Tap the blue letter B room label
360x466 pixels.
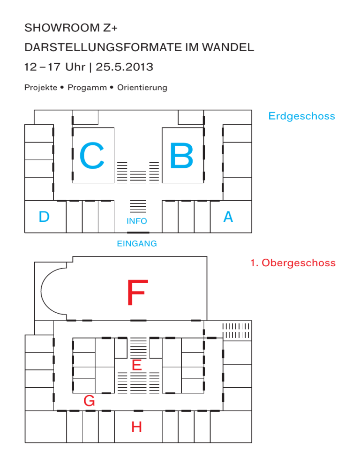click(181, 156)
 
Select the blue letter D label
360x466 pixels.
click(44, 217)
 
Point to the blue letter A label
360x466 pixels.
click(228, 217)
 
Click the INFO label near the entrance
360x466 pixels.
click(137, 221)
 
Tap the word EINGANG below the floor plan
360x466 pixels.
click(137, 244)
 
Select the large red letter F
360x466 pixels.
click(137, 293)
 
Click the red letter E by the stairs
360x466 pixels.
click(137, 365)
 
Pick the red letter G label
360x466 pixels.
click(89, 401)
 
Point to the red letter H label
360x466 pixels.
click(137, 427)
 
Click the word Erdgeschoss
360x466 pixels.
click(301, 116)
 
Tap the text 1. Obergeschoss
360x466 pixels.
click(293, 263)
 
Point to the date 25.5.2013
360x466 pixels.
click(124, 67)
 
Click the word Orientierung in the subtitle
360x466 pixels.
click(142, 88)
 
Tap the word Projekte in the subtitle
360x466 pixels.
click(40, 88)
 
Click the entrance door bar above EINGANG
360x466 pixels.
click(138, 233)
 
